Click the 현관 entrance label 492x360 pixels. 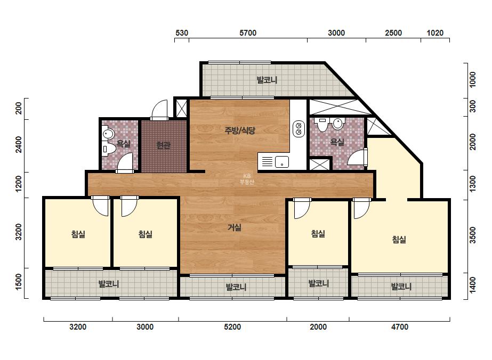pyautogui.click(x=163, y=145)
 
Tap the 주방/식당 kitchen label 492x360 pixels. pyautogui.click(x=240, y=130)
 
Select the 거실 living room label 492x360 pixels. pyautogui.click(x=235, y=227)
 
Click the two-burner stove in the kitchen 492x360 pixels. pyautogui.click(x=299, y=128)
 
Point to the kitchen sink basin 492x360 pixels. pyautogui.click(x=282, y=162)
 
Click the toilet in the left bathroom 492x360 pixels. pyautogui.click(x=107, y=149)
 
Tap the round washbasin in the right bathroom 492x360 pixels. pyautogui.click(x=337, y=123)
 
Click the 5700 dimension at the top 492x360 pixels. pyautogui.click(x=247, y=33)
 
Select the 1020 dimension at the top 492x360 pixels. pyautogui.click(x=435, y=33)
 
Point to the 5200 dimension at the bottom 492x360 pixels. pyautogui.click(x=232, y=327)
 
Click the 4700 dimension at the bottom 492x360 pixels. pyautogui.click(x=399, y=327)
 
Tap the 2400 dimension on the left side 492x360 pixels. pyautogui.click(x=19, y=145)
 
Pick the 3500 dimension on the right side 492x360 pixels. pyautogui.click(x=472, y=235)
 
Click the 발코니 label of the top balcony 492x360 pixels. pyautogui.click(x=267, y=80)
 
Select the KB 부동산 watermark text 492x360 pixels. pyautogui.click(x=247, y=179)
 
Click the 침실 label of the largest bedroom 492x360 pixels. pyautogui.click(x=399, y=240)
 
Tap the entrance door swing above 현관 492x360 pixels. pyautogui.click(x=159, y=110)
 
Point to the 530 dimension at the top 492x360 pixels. pyautogui.click(x=182, y=33)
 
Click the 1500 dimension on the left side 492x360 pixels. pyautogui.click(x=19, y=282)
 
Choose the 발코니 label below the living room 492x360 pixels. pyautogui.click(x=236, y=287)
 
